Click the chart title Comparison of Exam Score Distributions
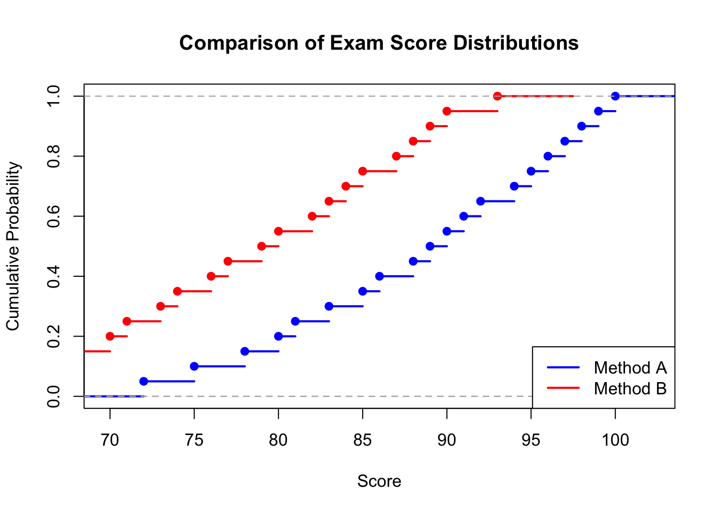coord(379,43)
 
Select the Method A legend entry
coord(630,368)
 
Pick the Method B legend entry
coord(630,388)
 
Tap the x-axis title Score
coord(379,481)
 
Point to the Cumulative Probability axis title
coord(13,246)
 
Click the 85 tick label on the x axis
coord(362,440)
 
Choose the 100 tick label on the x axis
coord(615,440)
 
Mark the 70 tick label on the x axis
coord(110,440)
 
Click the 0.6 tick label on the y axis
coord(53,216)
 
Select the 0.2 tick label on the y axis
coord(53,336)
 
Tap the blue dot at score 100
coord(615,96)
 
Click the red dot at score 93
coord(497,96)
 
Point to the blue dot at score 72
coord(144,381)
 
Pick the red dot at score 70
coord(110,336)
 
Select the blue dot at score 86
coord(379,276)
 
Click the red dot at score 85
coord(363,171)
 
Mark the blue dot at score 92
coord(480,201)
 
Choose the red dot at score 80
coord(278,231)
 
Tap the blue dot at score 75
coord(194,366)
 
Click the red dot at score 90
coord(447,111)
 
